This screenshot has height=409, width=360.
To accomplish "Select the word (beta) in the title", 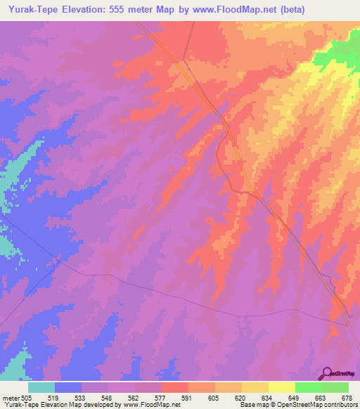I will (x=337, y=10).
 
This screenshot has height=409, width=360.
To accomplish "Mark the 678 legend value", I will (x=347, y=398).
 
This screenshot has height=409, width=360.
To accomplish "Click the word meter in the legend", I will (x=11, y=398).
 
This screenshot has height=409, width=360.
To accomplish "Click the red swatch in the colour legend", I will (x=174, y=387).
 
